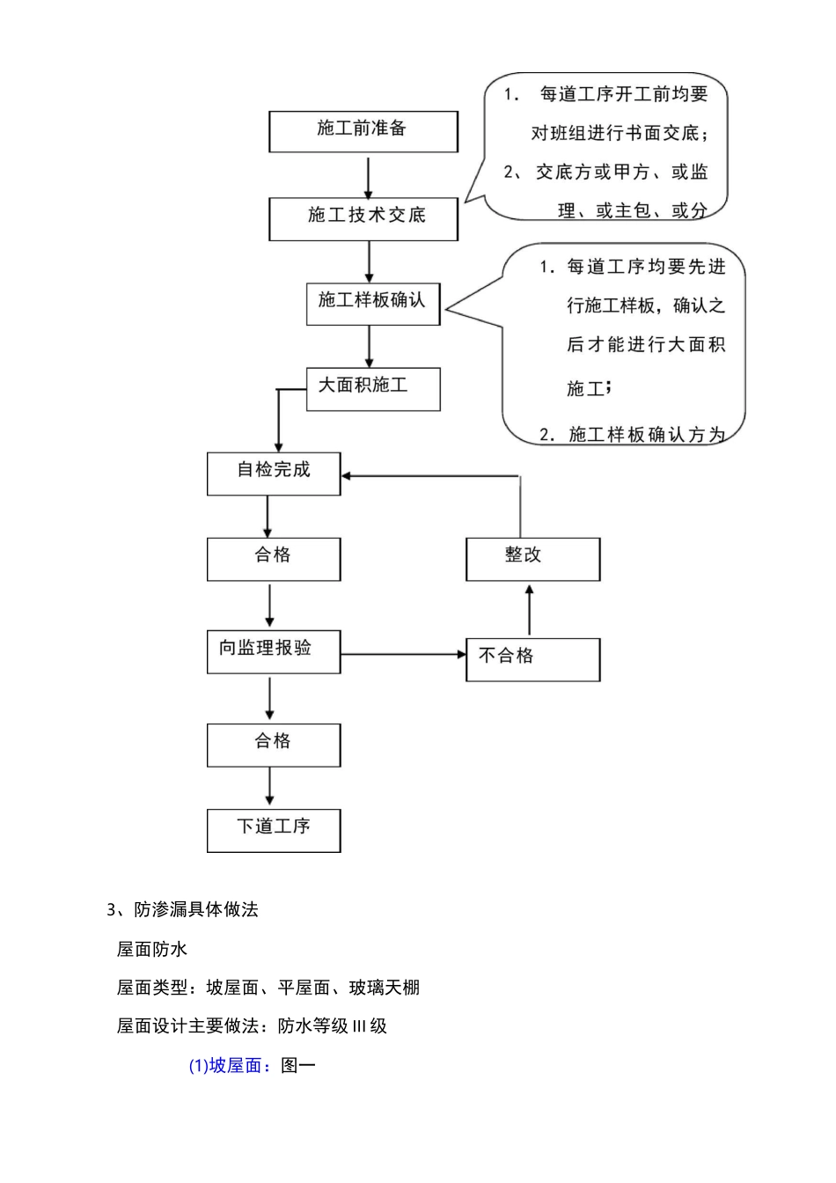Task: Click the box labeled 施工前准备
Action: (363, 131)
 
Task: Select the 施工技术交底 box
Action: (363, 218)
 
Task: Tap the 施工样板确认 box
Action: (372, 304)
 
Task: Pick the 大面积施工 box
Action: (372, 388)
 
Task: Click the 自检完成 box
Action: (274, 473)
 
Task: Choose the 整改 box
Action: (532, 559)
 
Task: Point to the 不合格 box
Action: (532, 658)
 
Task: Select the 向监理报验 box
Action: (274, 651)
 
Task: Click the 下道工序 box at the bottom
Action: (274, 830)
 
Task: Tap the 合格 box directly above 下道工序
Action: (274, 745)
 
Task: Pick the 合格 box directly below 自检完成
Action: (274, 559)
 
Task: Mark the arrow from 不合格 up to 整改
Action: (529, 609)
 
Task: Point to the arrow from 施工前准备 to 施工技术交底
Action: (369, 175)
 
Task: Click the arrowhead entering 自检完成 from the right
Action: (347, 475)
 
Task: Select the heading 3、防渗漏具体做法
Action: (182, 910)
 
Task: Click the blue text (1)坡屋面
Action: (225, 1066)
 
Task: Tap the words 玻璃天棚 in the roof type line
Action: (385, 988)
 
